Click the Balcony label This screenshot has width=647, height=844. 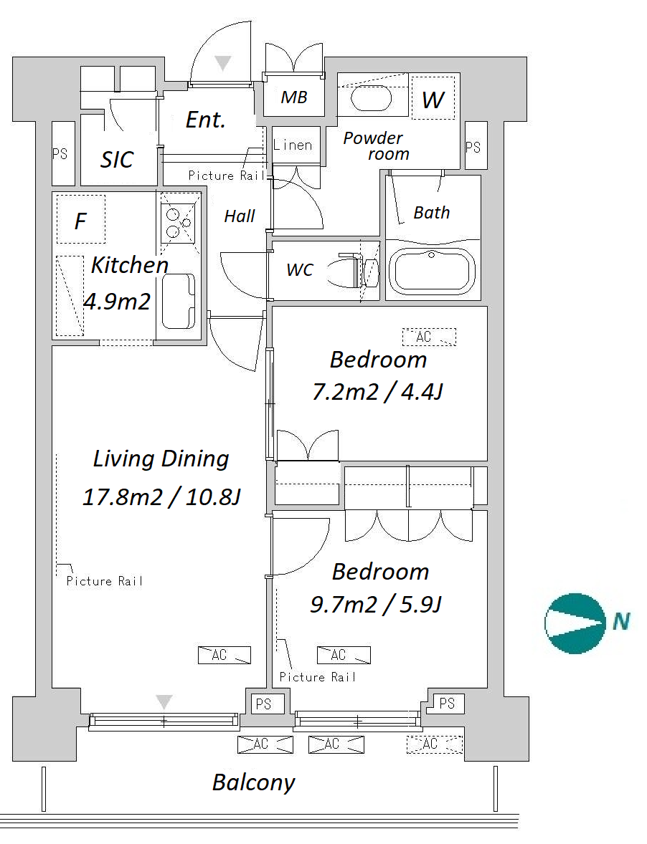click(x=254, y=782)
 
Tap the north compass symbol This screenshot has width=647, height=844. click(x=575, y=623)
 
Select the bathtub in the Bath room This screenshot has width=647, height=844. click(x=432, y=270)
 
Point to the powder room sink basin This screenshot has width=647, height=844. click(x=371, y=98)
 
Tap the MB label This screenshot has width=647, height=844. click(x=294, y=97)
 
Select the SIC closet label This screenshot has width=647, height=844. click(x=116, y=159)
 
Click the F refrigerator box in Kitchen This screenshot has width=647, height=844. click(x=81, y=219)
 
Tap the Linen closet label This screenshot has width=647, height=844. click(x=293, y=145)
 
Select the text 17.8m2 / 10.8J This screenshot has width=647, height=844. click(x=161, y=497)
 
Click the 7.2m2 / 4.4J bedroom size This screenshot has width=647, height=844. click(x=377, y=392)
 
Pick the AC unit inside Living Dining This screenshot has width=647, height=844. click(x=224, y=655)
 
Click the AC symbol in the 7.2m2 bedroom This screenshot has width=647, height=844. click(x=429, y=337)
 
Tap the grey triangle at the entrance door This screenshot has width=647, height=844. click(x=222, y=63)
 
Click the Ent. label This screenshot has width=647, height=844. click(x=205, y=120)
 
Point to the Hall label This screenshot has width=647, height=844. click(x=240, y=216)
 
